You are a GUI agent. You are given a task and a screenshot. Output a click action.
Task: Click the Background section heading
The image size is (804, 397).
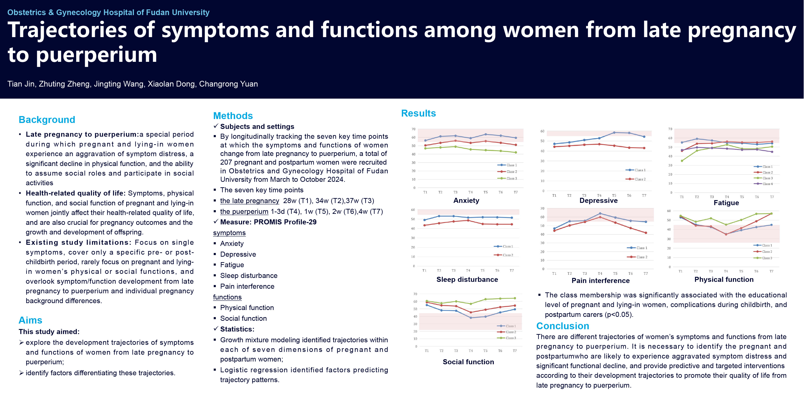(x=47, y=120)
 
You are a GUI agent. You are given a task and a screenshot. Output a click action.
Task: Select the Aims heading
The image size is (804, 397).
(x=30, y=320)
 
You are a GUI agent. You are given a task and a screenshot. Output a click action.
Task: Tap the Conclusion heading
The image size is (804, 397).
(x=562, y=326)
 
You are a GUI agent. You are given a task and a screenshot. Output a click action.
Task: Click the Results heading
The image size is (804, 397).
(x=418, y=113)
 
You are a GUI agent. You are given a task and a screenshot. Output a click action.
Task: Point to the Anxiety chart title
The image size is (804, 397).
(x=466, y=201)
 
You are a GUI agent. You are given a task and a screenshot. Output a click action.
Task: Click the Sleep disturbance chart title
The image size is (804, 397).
(x=467, y=279)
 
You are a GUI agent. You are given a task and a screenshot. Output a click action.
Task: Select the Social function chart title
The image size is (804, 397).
(x=468, y=362)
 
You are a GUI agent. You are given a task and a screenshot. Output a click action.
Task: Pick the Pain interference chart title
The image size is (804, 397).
(x=600, y=281)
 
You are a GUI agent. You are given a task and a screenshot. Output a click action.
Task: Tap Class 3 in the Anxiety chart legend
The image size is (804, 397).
(x=511, y=178)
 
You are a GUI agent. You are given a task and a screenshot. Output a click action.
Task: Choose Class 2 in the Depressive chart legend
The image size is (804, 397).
(x=640, y=179)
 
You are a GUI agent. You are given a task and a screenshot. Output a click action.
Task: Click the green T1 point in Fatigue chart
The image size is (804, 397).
(x=682, y=161)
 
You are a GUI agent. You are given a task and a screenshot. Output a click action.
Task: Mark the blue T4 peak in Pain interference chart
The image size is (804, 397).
(x=600, y=214)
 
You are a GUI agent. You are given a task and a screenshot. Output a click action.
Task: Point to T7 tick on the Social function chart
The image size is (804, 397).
(x=515, y=351)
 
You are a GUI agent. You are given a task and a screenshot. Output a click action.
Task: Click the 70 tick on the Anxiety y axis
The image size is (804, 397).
(x=413, y=129)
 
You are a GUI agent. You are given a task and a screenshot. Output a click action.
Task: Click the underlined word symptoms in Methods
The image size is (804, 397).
(x=229, y=233)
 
